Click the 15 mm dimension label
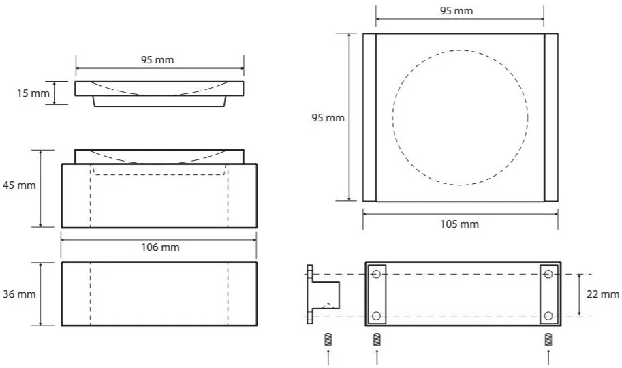33,93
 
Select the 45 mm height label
19,185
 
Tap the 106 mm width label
160,247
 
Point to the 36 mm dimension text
19,294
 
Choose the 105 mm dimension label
459,224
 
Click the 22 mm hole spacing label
602,294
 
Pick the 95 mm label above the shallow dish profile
157,60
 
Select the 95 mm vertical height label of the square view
328,118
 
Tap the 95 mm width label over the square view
456,11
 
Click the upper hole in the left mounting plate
377,274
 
